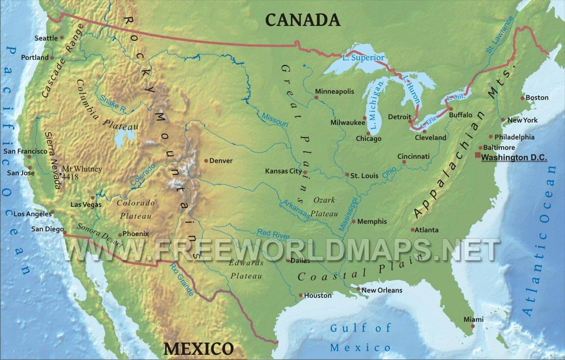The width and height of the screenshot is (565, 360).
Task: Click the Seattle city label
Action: click(46, 38)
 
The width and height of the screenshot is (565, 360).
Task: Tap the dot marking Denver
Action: click(206, 161)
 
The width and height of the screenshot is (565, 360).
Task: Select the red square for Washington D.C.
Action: click(477, 155)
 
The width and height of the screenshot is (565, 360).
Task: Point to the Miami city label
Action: click(473, 319)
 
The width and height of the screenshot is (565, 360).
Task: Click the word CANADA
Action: click(302, 19)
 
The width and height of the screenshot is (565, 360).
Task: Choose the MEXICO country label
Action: click(198, 349)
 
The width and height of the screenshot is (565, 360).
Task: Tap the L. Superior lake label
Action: click(363, 58)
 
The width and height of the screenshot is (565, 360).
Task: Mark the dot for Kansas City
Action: click(305, 172)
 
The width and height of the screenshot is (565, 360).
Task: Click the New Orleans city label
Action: click(382, 290)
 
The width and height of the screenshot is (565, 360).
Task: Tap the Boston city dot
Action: click(522, 98)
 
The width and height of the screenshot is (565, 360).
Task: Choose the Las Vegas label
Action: click(85, 205)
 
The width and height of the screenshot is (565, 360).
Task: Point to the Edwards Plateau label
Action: click(245, 269)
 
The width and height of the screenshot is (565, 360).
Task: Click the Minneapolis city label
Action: click(334, 91)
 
